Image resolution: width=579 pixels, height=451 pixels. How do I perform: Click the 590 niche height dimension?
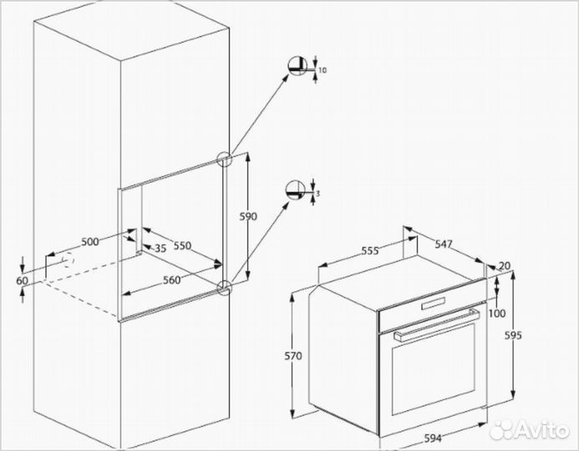point(247,216)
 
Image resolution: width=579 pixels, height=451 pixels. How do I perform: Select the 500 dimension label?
point(90,241)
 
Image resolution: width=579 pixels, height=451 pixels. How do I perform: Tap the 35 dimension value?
point(160,248)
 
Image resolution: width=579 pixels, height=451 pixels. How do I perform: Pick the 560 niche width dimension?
point(172,280)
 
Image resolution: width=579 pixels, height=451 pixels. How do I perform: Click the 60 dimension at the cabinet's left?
point(21,281)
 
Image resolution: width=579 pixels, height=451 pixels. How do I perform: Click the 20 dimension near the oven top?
point(504,266)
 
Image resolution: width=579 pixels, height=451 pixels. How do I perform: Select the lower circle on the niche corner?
point(223,288)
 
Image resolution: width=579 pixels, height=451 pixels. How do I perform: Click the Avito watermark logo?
point(531,428)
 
